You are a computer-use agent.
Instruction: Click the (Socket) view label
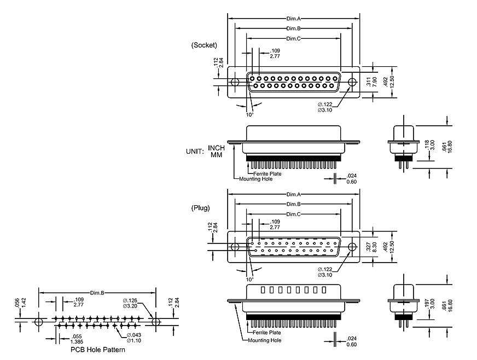click(x=205, y=45)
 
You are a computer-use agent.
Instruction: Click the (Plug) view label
click(x=201, y=208)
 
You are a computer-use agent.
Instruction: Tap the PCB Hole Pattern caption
click(x=98, y=349)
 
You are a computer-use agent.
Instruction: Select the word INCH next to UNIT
click(x=217, y=148)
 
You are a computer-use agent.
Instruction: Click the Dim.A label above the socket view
click(x=294, y=19)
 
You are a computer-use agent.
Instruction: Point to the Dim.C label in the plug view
click(x=294, y=214)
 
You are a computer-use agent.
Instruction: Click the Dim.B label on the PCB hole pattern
click(x=97, y=293)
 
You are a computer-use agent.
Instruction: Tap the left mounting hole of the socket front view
click(x=235, y=83)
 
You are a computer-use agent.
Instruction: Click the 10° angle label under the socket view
click(x=249, y=114)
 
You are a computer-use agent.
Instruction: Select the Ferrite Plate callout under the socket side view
click(x=267, y=173)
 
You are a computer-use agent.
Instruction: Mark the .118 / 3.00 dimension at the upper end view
click(x=429, y=146)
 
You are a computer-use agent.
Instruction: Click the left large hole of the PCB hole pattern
click(x=38, y=322)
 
